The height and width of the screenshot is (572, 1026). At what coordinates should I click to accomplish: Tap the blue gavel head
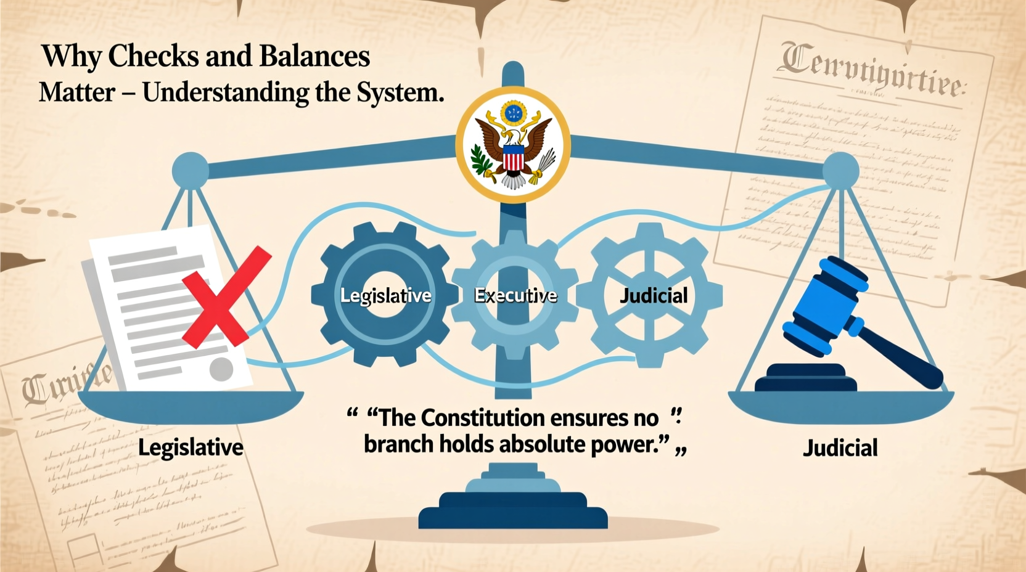(827, 305)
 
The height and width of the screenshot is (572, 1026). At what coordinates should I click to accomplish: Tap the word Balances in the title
(314, 56)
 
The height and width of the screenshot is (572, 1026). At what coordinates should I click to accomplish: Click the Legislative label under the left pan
(191, 447)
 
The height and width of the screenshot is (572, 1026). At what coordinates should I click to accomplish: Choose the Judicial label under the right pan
(840, 447)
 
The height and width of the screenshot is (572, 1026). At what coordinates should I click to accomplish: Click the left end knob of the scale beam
(190, 170)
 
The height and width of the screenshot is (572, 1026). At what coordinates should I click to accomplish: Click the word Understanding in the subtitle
(226, 92)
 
